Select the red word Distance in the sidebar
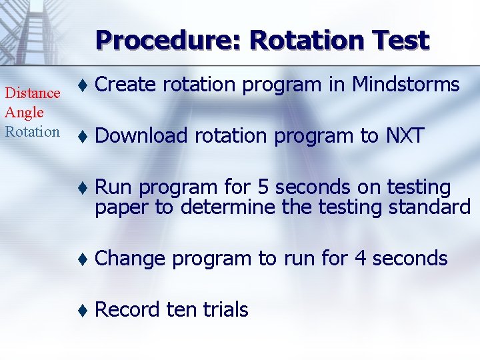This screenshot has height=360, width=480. pyautogui.click(x=33, y=93)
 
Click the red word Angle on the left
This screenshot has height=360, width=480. pyautogui.click(x=24, y=112)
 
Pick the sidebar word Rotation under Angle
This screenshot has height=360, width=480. pyautogui.click(x=32, y=131)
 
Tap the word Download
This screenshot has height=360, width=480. pyautogui.click(x=141, y=136)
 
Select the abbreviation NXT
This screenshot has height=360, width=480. pyautogui.click(x=405, y=136)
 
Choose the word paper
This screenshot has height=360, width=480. pyautogui.click(x=122, y=207)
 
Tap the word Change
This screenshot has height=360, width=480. pyautogui.click(x=129, y=258)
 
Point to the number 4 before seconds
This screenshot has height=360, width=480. pyautogui.click(x=361, y=258)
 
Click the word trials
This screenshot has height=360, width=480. pyautogui.click(x=225, y=309)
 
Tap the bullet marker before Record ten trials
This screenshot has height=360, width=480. pyautogui.click(x=81, y=310)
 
